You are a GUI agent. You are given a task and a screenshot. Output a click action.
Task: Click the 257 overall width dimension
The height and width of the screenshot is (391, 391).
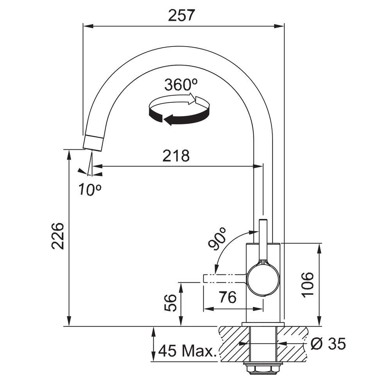(181, 16)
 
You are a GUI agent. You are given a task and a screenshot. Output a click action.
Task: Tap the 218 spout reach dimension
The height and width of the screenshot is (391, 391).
(176, 156)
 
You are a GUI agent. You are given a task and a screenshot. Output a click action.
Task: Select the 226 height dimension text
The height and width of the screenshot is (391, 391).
(58, 236)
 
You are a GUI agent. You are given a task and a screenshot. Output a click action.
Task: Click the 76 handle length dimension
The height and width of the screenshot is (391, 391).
(228, 297)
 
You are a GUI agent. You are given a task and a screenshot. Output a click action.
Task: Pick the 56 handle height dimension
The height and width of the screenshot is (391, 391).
(170, 303)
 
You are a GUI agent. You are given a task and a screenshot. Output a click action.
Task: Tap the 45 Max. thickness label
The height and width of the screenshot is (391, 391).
(187, 350)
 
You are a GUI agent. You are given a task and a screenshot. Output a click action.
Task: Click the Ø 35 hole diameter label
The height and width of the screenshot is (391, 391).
(328, 344)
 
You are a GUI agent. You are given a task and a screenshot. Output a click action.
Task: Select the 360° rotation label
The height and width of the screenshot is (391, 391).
(181, 84)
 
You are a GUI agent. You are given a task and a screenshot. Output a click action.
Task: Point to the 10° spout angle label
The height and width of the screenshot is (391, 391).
(90, 189)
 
